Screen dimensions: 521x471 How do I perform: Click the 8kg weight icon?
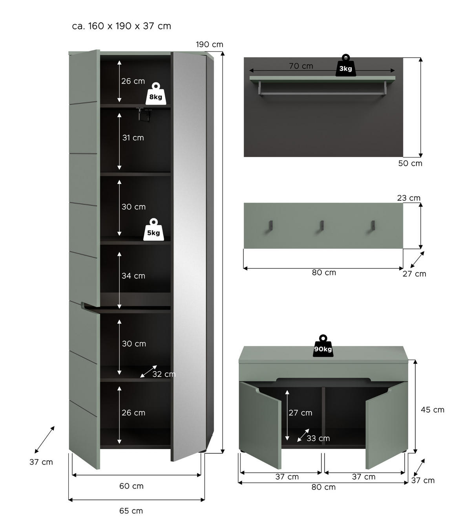coord(155,94)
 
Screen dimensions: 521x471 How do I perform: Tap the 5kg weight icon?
coord(153,230)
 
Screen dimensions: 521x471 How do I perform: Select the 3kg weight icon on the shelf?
coord(345,66)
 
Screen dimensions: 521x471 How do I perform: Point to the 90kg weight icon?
coord(323,347)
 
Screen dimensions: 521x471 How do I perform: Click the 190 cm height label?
coord(210,44)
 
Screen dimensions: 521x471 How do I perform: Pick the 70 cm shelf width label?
coord(301,66)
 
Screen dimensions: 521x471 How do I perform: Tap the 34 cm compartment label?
coord(133,276)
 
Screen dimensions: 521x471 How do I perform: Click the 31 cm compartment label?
coord(133,138)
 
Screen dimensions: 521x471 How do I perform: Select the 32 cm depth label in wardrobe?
coord(164,374)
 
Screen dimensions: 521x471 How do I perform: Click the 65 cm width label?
coord(131,511)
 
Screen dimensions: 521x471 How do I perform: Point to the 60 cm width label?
coord(131,486)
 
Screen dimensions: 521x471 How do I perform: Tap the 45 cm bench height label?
coord(433,410)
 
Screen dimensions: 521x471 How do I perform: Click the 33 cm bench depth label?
coord(318,438)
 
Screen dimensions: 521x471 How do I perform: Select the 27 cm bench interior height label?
coord(300,413)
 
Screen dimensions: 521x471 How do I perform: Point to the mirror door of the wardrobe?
coord(189,255)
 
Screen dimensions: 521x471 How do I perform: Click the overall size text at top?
coord(122,26)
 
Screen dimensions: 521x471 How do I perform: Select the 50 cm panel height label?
coord(410,163)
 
